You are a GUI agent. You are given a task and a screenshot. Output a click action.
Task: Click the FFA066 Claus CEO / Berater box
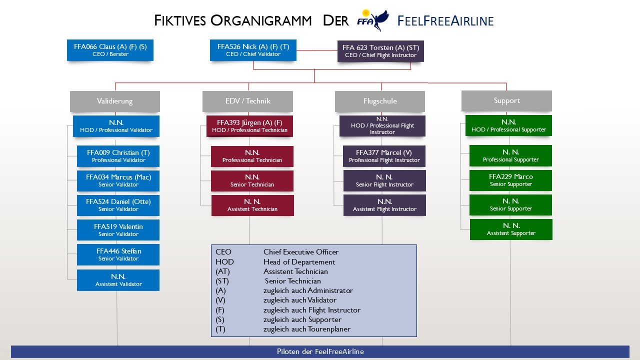(x=110, y=50)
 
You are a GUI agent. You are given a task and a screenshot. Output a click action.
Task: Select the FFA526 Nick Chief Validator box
(x=253, y=50)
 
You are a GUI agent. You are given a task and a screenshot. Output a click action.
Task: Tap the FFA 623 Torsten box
(x=380, y=51)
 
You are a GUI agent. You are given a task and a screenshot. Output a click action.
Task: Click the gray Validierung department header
(x=115, y=101)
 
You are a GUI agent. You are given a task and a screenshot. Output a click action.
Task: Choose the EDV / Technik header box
(x=247, y=101)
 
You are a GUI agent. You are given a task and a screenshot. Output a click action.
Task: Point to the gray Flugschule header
(x=380, y=101)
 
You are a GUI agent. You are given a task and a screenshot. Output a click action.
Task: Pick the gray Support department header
(x=506, y=100)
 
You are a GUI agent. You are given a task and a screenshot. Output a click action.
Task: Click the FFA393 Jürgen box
(x=249, y=126)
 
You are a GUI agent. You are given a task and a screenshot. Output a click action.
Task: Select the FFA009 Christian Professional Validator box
(x=118, y=156)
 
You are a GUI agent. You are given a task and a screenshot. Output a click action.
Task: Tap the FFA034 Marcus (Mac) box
(x=118, y=180)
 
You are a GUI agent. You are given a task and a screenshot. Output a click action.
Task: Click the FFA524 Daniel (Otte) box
(x=118, y=205)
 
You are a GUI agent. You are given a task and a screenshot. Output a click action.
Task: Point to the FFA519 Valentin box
(x=118, y=230)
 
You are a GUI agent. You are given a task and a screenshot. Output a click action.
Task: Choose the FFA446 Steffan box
(x=118, y=254)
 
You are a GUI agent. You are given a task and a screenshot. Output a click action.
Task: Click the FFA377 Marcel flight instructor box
(x=384, y=156)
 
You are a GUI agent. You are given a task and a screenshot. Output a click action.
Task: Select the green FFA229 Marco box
(x=510, y=180)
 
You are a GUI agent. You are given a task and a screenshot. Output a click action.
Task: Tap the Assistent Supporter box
(x=511, y=229)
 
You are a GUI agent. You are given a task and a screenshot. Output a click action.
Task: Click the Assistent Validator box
(x=118, y=280)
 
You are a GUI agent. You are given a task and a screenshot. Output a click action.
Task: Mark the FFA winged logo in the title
(x=372, y=19)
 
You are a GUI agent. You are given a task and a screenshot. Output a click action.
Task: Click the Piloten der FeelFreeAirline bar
(x=320, y=351)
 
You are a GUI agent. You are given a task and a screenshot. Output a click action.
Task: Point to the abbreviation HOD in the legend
(x=224, y=262)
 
